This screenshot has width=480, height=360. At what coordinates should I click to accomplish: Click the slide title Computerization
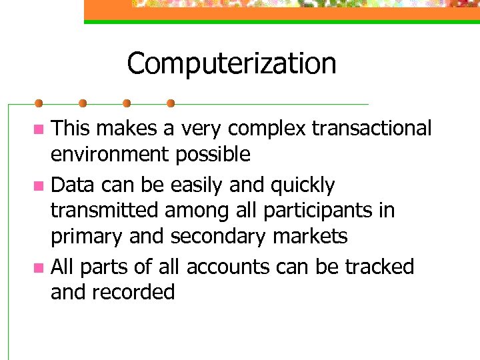[231, 64]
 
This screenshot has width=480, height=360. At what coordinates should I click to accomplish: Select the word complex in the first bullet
[262, 127]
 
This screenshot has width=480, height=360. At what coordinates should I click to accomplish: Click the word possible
[213, 155]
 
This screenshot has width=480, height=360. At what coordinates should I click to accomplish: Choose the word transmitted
[105, 211]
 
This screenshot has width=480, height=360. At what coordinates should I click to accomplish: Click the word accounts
[228, 267]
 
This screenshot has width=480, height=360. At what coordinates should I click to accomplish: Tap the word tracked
[379, 267]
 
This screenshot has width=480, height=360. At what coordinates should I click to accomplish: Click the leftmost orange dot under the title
[39, 103]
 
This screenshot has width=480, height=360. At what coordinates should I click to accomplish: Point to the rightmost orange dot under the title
[171, 103]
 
